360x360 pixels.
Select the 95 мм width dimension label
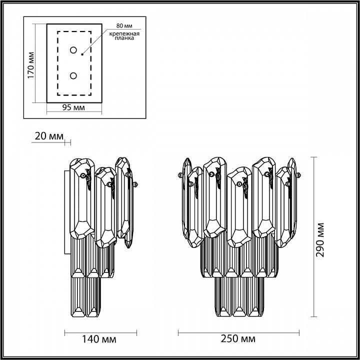click(x=73, y=107)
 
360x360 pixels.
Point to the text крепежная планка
click(x=123, y=37)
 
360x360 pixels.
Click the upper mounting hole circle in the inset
click(x=73, y=50)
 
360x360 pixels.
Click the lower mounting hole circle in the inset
click(x=73, y=75)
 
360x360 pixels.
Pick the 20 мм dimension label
click(x=50, y=136)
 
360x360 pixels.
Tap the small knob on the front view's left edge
click(x=178, y=175)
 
